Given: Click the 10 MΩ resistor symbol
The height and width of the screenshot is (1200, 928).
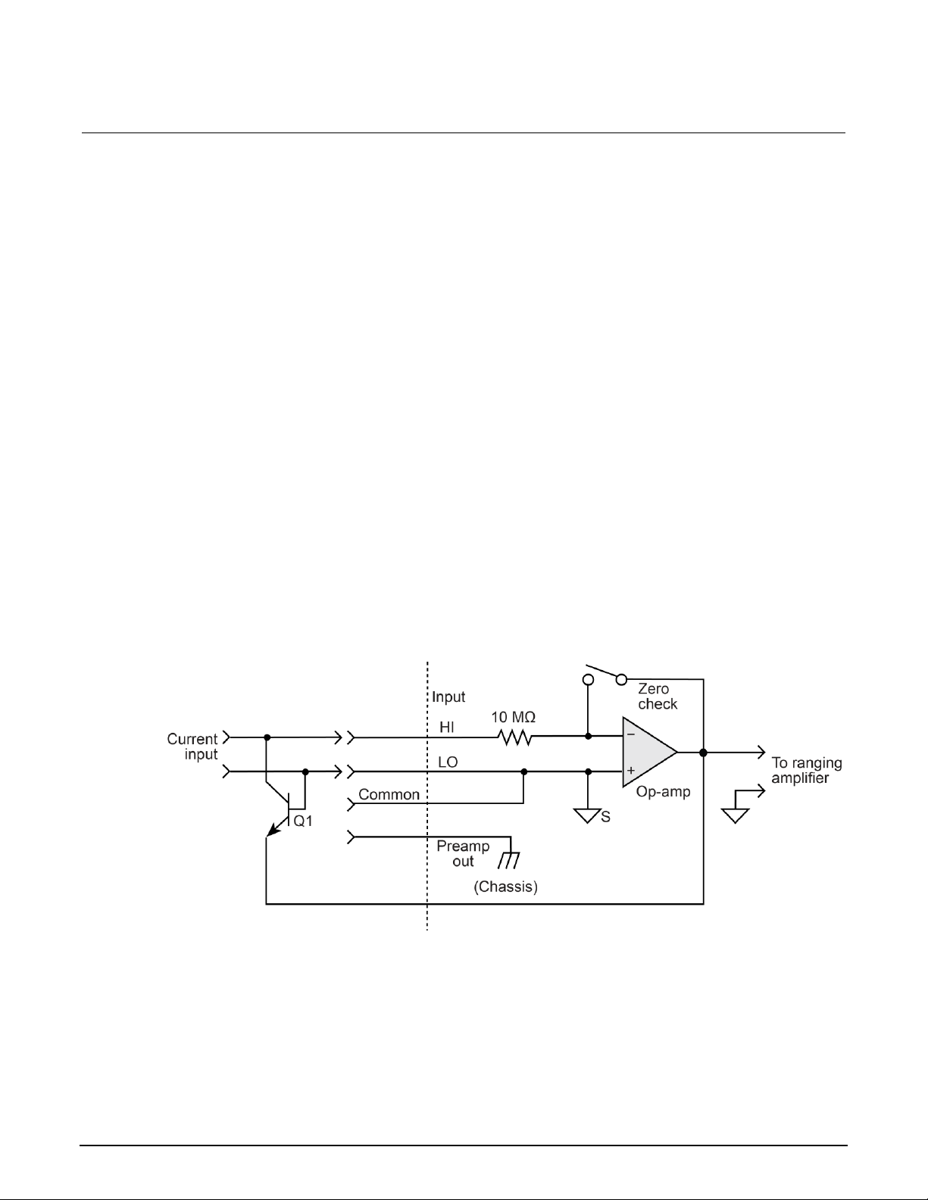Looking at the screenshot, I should pos(514,737).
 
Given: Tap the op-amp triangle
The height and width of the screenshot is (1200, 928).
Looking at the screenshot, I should pos(646,753).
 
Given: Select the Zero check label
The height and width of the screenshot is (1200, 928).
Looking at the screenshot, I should pos(657,697).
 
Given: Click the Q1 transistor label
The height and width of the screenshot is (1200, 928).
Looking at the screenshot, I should pos(303,821).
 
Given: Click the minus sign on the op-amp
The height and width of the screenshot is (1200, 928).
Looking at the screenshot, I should pos(630,734).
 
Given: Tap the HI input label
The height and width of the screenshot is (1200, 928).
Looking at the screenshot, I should pos(447,728).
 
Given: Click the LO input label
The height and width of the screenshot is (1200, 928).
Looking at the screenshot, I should pos(448,762).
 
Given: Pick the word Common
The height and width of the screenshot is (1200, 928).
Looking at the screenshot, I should pos(389,795).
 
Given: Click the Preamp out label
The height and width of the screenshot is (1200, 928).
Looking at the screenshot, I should pos(463,853).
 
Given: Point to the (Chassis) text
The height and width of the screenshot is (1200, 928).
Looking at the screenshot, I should pos(505,887).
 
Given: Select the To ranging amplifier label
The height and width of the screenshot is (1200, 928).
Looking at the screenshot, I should pos(806,770).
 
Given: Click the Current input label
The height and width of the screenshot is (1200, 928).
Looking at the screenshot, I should pos(192,746).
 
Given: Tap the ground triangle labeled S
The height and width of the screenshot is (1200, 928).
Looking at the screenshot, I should pos(588,815).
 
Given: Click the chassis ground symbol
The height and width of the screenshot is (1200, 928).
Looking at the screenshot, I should pos(509,859).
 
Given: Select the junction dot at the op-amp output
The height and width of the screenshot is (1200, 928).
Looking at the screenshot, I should pos(703,753).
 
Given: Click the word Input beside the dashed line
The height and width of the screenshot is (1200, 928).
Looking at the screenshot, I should pos(448,697).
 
